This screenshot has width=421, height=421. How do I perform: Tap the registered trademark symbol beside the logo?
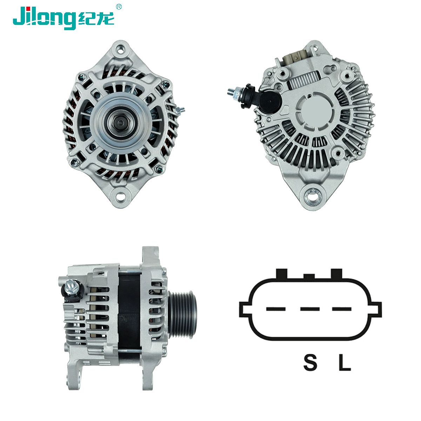point(119,7)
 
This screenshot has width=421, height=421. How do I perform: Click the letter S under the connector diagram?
point(310,362)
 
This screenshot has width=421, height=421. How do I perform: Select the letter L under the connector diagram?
point(345,362)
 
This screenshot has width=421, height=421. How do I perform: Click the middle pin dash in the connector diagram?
point(310,309)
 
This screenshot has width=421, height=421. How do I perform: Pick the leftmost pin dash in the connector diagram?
point(276,309)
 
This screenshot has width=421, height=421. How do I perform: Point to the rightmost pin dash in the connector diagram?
point(342,309)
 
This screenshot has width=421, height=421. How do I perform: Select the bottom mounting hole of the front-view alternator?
point(120,196)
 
